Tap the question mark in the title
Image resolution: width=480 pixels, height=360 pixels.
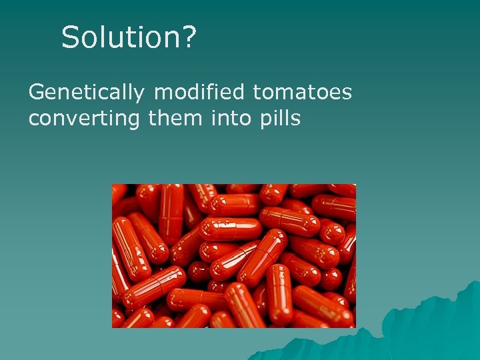pos(189,38)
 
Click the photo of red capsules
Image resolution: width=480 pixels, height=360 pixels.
pos(233,255)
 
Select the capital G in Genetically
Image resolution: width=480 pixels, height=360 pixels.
pos(37,92)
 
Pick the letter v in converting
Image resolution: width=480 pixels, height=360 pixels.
pos(69,120)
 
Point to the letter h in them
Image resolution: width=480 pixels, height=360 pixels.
pos(160,119)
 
